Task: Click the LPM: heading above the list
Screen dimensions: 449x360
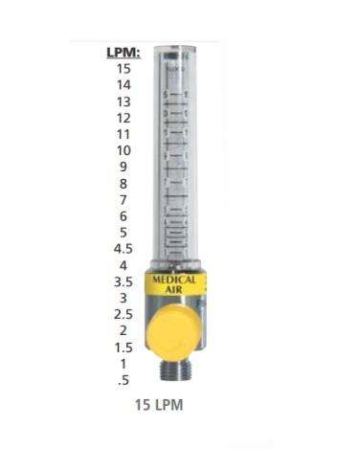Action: click(x=123, y=53)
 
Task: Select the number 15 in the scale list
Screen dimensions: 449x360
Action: click(x=123, y=68)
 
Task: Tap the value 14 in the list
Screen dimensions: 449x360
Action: click(x=123, y=85)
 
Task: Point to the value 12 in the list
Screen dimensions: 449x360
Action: click(x=123, y=118)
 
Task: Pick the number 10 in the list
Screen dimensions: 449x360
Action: click(x=123, y=150)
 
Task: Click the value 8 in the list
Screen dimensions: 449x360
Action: click(x=123, y=183)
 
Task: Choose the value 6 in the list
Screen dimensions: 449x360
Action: click(x=123, y=215)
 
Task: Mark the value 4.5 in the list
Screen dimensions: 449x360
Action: click(x=123, y=248)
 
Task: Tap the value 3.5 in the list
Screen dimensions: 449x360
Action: click(x=123, y=281)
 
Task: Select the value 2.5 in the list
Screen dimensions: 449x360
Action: click(x=123, y=314)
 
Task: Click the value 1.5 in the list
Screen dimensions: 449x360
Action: click(x=123, y=347)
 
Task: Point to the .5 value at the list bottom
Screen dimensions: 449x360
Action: click(x=123, y=380)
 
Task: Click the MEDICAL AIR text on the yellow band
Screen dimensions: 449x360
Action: click(x=175, y=283)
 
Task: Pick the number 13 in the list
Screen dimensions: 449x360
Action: click(x=123, y=101)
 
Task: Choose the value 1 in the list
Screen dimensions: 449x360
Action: click(x=123, y=364)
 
